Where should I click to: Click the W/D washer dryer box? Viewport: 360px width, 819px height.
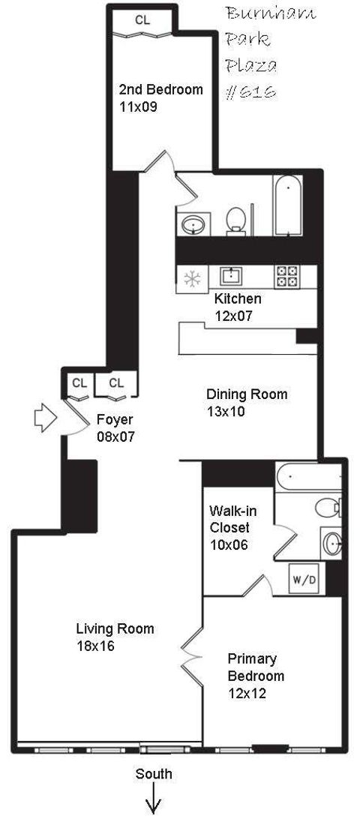point(304,579)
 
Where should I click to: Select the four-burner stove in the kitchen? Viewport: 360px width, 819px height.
point(286,277)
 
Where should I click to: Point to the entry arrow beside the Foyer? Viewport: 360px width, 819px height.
point(46,418)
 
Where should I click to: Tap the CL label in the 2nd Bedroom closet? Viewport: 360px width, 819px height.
point(142,20)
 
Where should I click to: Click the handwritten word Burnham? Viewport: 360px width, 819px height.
point(261,15)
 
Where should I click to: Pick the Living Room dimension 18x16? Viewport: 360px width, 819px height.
point(95,646)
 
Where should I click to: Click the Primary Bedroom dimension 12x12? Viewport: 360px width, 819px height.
point(247,694)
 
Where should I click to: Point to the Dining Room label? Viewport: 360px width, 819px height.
point(247,394)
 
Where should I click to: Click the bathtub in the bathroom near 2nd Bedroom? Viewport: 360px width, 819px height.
point(288,206)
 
